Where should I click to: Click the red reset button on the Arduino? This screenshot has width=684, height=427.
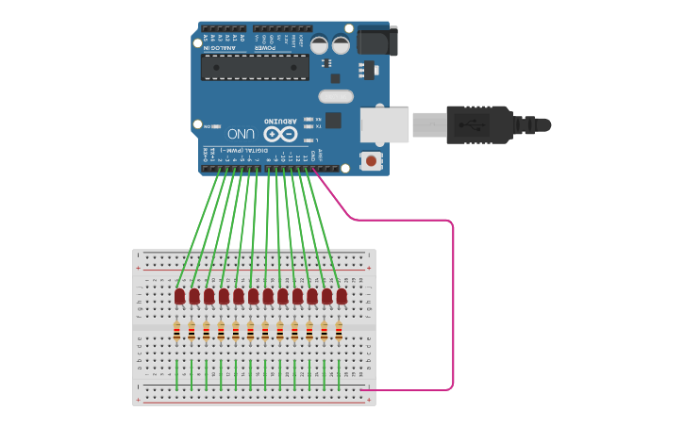pyautogui.click(x=371, y=161)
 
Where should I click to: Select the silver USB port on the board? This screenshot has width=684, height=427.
pyautogui.click(x=384, y=125)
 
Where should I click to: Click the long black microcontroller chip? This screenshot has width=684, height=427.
pyautogui.click(x=255, y=67)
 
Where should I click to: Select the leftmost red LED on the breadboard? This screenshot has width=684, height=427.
pyautogui.click(x=179, y=296)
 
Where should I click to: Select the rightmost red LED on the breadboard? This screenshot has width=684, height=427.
pyautogui.click(x=342, y=296)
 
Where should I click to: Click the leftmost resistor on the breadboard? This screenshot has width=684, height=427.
pyautogui.click(x=176, y=331)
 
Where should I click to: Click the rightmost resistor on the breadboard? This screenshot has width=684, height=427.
pyautogui.click(x=339, y=331)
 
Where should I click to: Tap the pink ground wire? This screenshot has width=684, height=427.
pyautogui.click(x=453, y=302)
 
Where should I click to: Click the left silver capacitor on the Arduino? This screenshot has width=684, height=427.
pyautogui.click(x=320, y=44)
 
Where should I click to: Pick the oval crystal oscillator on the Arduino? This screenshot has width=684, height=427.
pyautogui.click(x=335, y=96)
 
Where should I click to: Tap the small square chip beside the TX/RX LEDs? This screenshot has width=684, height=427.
pyautogui.click(x=333, y=120)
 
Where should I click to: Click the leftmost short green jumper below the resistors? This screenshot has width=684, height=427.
pyautogui.click(x=176, y=374)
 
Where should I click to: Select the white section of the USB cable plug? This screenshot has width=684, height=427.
pyautogui.click(x=428, y=124)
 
